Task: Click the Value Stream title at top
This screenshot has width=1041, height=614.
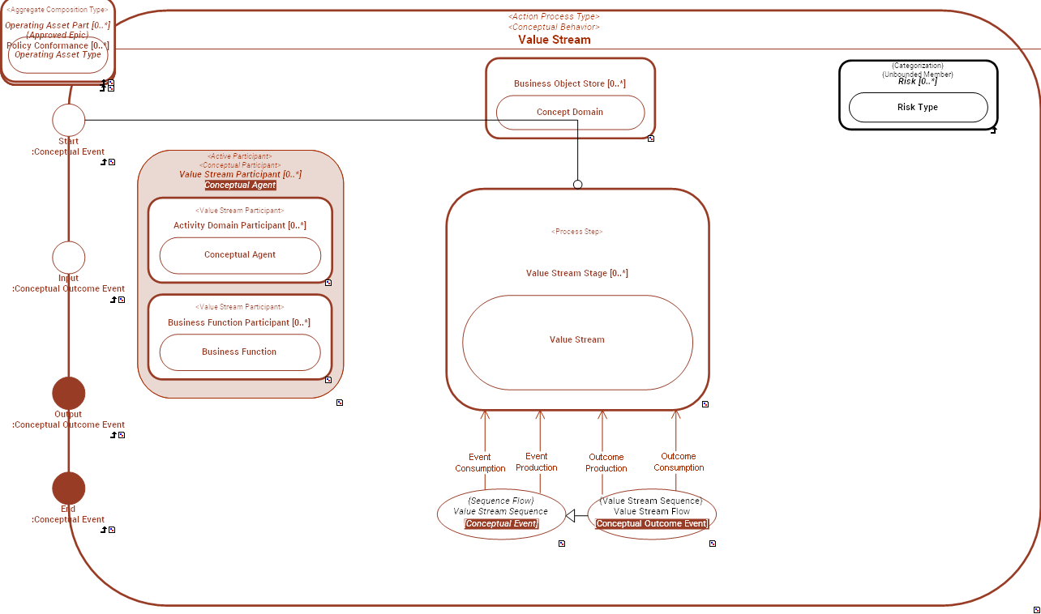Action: pyautogui.click(x=555, y=40)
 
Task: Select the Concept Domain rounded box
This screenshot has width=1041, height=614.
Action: pyautogui.click(x=570, y=113)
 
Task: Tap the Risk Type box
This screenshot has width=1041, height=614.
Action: pyautogui.click(x=918, y=107)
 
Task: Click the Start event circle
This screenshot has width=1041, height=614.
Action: pyautogui.click(x=69, y=120)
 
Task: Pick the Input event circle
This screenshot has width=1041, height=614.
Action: pyautogui.click(x=69, y=258)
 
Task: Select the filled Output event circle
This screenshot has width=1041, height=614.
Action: pyautogui.click(x=69, y=394)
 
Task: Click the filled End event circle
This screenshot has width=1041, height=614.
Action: pyautogui.click(x=69, y=488)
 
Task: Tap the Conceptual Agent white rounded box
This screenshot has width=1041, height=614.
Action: pyautogui.click(x=240, y=255)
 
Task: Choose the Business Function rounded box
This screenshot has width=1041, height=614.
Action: pyautogui.click(x=240, y=352)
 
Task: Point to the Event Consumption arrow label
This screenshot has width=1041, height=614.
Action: pyautogui.click(x=480, y=463)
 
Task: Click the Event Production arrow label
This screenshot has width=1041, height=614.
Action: pyautogui.click(x=537, y=462)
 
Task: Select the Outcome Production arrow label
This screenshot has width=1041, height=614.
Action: pyautogui.click(x=606, y=463)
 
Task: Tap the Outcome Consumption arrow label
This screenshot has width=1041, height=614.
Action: pyautogui.click(x=679, y=462)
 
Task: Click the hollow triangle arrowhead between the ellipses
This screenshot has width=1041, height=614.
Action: pyautogui.click(x=571, y=516)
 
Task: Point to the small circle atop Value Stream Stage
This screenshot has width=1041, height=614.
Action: pyautogui.click(x=578, y=185)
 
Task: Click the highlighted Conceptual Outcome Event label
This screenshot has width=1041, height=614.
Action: pyautogui.click(x=652, y=524)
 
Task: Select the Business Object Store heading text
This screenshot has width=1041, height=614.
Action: pyautogui.click(x=570, y=83)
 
